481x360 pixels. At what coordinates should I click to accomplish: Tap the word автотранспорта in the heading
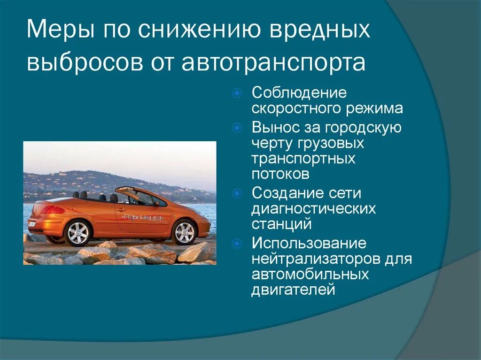point(274,63)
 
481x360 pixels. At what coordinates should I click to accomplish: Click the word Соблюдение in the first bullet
point(299,93)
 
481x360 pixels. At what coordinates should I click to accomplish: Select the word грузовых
point(331,143)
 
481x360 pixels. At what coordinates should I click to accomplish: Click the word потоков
point(280,174)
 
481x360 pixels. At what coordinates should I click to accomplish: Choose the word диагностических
point(313,208)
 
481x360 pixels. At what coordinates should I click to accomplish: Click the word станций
point(281,224)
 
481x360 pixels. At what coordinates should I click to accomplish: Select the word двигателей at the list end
point(293,290)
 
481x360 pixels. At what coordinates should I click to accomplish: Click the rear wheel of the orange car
point(78,232)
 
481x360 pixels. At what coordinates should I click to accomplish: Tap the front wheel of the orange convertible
point(184,231)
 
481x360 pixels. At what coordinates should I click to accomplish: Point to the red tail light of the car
point(52,210)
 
